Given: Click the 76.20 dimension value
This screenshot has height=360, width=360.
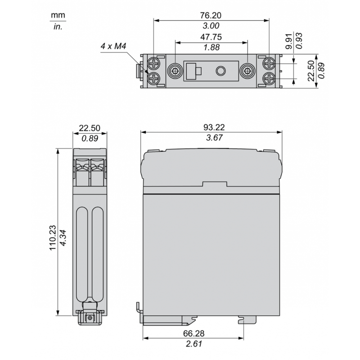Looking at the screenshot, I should coord(211,15).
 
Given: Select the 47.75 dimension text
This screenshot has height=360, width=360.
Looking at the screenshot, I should coord(211,37).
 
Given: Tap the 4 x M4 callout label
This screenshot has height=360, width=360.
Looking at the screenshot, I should coord(113,46).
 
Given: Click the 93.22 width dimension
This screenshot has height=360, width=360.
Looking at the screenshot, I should coord(211,127).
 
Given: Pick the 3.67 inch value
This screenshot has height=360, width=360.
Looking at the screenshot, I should coord(211,138).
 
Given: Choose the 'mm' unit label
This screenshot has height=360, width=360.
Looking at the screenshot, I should coord(58,16).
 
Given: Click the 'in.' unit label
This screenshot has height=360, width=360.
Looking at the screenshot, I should coord(58,27).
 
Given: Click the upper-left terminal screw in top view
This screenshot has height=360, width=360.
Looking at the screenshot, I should coord(154,63).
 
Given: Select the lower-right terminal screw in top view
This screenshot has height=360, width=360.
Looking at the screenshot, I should coord(269,79).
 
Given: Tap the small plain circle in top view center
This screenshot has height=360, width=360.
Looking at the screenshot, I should coord(220,71).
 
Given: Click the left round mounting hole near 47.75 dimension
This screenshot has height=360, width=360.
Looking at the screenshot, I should coord(175,71).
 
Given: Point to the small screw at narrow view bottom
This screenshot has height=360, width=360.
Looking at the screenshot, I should coord(90,318).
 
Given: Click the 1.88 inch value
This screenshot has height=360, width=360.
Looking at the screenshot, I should coord(211,48).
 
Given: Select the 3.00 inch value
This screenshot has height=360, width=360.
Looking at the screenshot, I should coord(211,26).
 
